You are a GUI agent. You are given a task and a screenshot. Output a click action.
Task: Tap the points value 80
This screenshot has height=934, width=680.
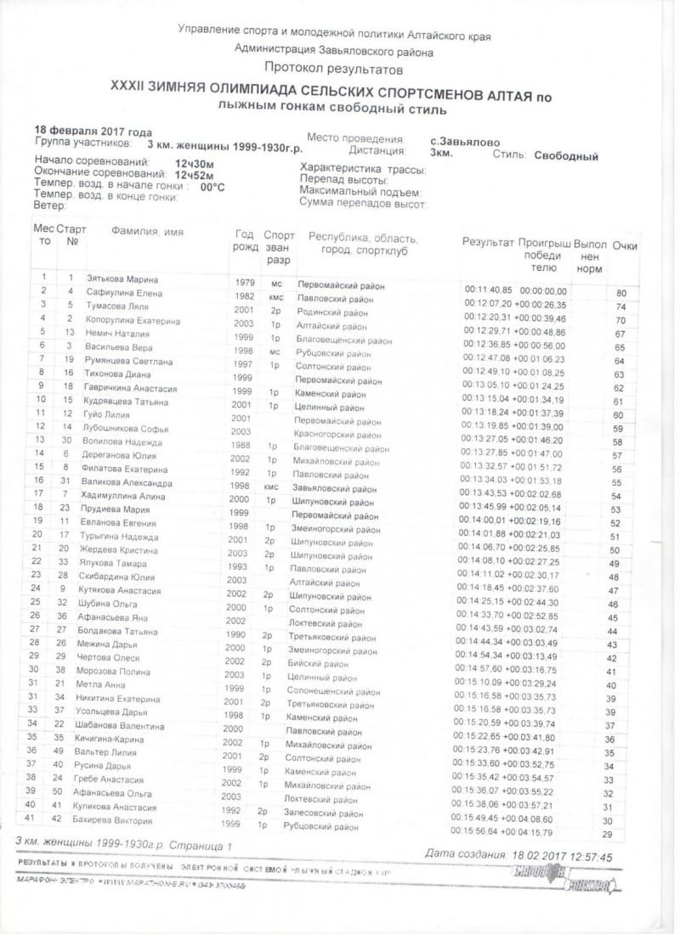[x=621, y=294]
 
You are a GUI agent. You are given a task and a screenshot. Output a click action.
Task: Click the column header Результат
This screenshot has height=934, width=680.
[x=488, y=243]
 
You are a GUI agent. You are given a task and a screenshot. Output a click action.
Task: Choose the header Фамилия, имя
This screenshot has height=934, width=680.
[x=147, y=232]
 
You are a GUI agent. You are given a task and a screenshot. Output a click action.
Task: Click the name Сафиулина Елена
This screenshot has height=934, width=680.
[x=116, y=292]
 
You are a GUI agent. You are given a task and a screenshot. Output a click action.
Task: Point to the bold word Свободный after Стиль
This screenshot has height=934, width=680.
[x=566, y=156]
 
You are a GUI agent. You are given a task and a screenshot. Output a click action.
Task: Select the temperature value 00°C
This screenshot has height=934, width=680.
[x=212, y=186]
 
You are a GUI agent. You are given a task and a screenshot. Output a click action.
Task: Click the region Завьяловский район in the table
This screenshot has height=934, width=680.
[x=337, y=489]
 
